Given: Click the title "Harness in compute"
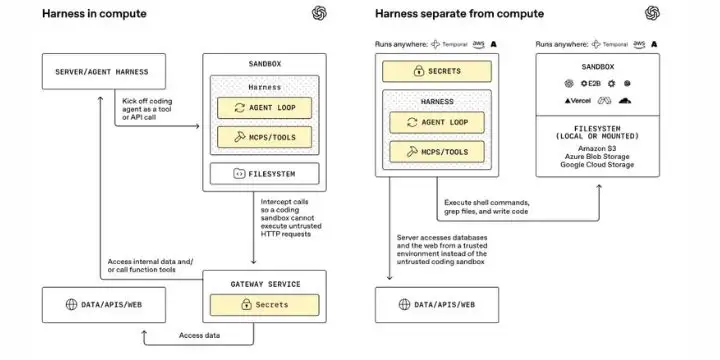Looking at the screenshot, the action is pyautogui.click(x=94, y=14).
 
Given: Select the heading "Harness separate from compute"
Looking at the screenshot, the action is pyautogui.click(x=459, y=14).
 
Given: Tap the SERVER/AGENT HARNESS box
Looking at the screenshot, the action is pyautogui.click(x=104, y=71).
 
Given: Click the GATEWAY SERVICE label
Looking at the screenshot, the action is pyautogui.click(x=265, y=284).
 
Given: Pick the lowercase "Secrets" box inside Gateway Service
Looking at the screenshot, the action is pyautogui.click(x=264, y=305).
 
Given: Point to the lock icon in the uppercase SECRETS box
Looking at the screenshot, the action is pyautogui.click(x=418, y=71).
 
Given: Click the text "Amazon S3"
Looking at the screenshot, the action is pyautogui.click(x=597, y=148).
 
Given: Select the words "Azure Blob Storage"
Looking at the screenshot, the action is pyautogui.click(x=597, y=157).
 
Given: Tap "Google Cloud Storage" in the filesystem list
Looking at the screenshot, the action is pyautogui.click(x=597, y=164).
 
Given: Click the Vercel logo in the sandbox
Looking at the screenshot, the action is pyautogui.click(x=578, y=101).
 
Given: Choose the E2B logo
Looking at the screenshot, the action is pyautogui.click(x=591, y=84).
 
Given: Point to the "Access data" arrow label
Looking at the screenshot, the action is pyautogui.click(x=199, y=335).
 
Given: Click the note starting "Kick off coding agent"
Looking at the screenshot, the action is pyautogui.click(x=147, y=109).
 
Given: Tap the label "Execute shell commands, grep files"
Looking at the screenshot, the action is pyautogui.click(x=487, y=207).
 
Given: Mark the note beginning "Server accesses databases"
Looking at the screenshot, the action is pyautogui.click(x=442, y=250).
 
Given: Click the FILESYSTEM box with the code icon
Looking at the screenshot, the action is pyautogui.click(x=264, y=174).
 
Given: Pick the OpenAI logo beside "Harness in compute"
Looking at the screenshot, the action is pyautogui.click(x=319, y=13).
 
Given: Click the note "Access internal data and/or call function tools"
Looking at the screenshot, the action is pyautogui.click(x=151, y=265).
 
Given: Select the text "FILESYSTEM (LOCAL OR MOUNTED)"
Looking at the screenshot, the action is pyautogui.click(x=597, y=132).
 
